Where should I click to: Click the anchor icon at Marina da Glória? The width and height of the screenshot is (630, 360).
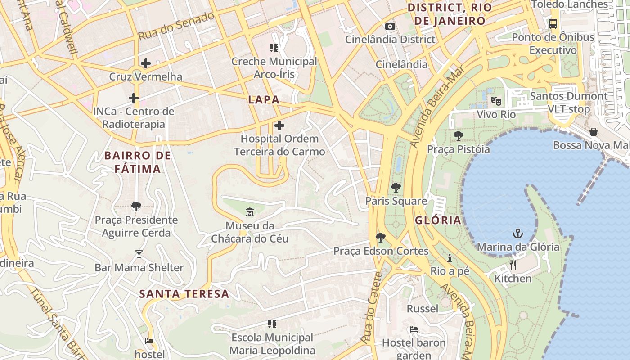518,234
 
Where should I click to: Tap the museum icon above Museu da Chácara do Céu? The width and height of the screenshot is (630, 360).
249,212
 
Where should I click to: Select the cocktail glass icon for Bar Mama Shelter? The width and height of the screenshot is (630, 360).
139,254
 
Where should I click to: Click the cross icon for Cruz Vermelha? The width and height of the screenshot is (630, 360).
145,63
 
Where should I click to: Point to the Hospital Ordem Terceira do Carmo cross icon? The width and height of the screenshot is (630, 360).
279,126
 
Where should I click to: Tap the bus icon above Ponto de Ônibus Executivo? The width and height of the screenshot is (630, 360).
553,24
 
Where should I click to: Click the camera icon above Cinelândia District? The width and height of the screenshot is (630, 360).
390,27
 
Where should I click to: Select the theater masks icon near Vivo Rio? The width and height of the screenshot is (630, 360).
496,101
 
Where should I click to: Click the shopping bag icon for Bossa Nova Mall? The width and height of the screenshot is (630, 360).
594,132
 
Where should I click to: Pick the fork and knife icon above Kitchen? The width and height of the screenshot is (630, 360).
513,265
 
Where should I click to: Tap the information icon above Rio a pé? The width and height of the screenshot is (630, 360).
449,258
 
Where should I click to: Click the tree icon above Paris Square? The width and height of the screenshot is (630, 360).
396,188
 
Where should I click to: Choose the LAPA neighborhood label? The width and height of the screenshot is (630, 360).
264,100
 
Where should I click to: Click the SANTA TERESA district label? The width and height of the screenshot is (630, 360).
184,294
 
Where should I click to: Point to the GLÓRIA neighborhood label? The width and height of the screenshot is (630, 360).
438,220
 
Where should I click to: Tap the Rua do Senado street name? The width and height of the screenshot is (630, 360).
176,26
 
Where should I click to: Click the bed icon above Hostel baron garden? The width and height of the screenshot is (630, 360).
414,329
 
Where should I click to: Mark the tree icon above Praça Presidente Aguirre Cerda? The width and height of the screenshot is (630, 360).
136,207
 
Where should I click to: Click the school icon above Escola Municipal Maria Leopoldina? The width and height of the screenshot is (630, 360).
272,324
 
